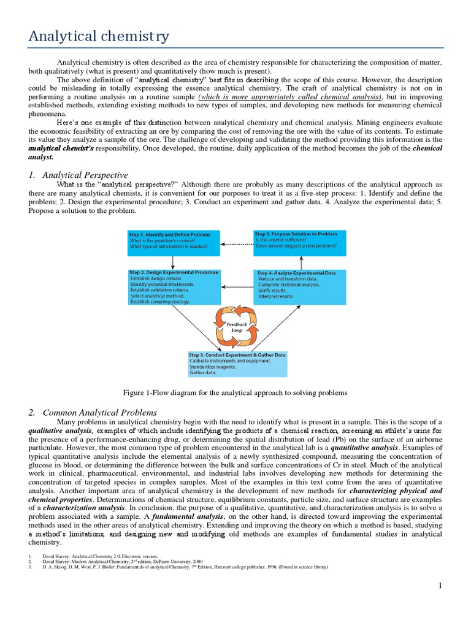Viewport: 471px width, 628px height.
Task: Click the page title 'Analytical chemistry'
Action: tap(98, 37)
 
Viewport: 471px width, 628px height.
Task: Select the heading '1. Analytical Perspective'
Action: tap(78, 175)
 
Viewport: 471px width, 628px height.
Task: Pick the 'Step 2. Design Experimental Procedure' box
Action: tap(174, 287)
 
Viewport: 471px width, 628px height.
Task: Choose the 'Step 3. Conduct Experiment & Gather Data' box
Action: tap(237, 364)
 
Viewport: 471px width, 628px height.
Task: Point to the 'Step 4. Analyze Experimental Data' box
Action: tap(299, 287)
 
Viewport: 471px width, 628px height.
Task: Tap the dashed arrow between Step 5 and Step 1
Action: tap(236, 243)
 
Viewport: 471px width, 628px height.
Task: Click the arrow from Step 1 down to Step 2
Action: tap(173, 262)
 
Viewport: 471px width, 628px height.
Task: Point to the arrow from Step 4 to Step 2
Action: tap(236, 286)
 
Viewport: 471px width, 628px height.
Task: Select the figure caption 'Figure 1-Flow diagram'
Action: tap(235, 392)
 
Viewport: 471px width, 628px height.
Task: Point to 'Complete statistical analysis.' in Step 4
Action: tap(289, 285)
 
